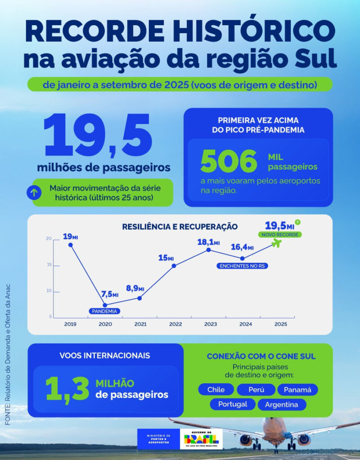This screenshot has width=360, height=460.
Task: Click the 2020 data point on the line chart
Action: (105, 305)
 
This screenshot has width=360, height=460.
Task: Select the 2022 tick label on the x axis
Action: (175, 324)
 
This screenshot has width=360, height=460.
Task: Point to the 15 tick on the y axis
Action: (49, 265)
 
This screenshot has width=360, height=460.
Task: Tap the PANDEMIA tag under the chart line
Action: (105, 311)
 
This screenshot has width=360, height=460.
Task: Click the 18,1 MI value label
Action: (208, 243)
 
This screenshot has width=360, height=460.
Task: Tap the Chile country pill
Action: (216, 389)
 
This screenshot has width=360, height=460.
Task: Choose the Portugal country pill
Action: (232, 404)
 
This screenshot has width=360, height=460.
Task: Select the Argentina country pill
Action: (281, 404)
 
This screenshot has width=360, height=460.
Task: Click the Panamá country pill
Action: (297, 389)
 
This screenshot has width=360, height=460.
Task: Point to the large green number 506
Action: (229, 162)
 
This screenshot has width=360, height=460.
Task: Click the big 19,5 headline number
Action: (98, 136)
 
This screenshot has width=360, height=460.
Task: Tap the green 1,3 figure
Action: (67, 389)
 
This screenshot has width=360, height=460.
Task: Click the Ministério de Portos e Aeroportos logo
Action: (158, 439)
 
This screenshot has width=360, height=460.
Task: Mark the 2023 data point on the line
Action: (209, 250)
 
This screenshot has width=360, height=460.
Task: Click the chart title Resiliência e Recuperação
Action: (180, 227)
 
